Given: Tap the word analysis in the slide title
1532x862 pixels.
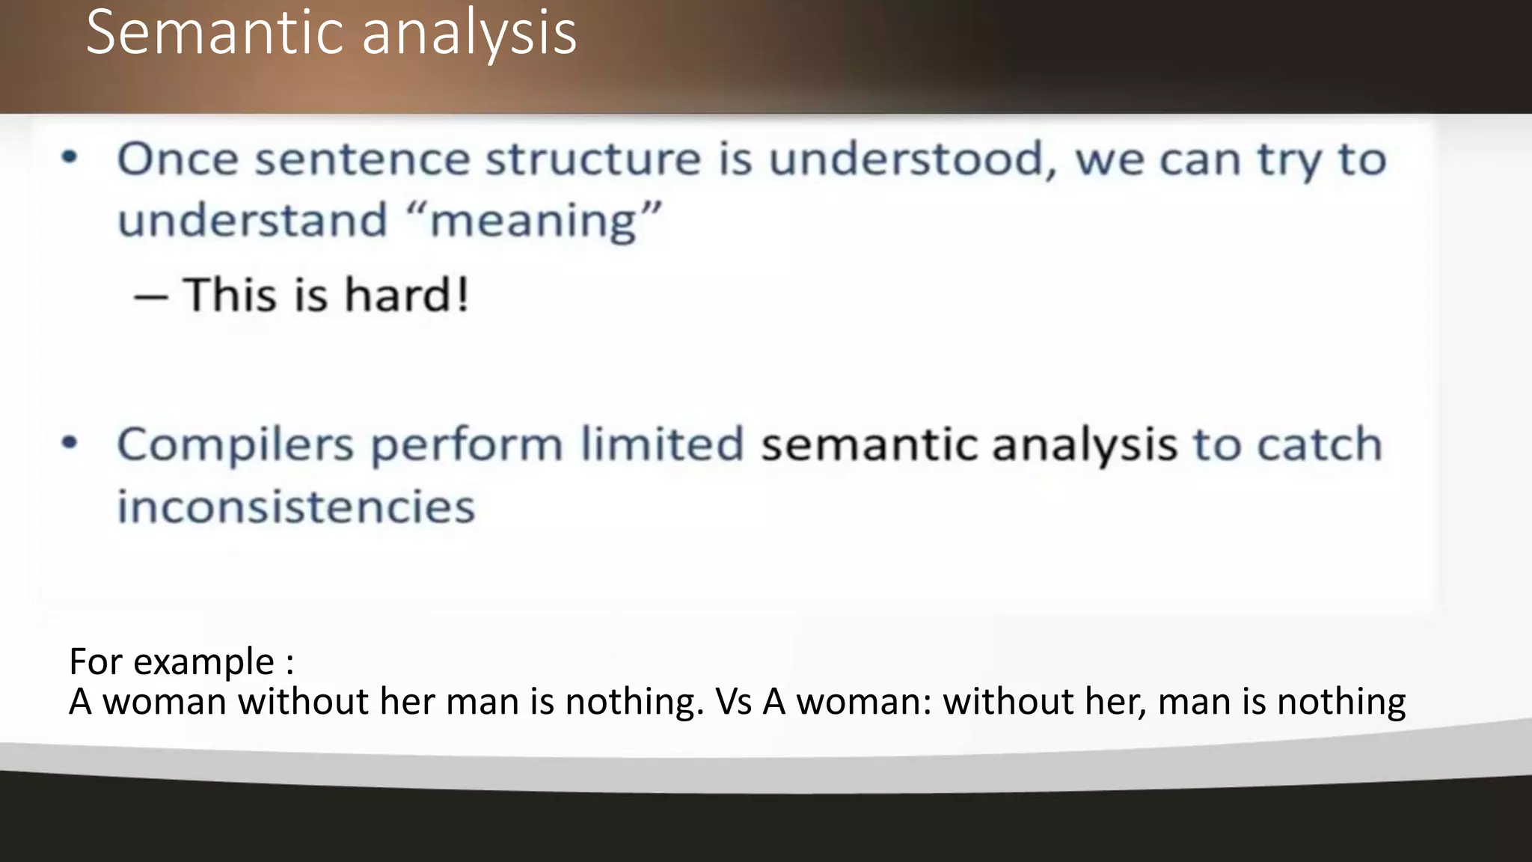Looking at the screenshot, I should click(469, 34).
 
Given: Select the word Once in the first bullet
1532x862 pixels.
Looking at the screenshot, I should click(177, 159).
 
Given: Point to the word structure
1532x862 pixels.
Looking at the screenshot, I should click(593, 159).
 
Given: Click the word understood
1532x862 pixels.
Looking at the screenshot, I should click(907, 159).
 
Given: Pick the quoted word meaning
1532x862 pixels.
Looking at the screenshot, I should click(534, 221).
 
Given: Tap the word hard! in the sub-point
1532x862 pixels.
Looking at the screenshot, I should click(407, 294).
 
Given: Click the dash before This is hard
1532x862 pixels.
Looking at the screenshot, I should click(150, 297).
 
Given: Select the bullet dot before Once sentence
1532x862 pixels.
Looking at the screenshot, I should click(70, 157).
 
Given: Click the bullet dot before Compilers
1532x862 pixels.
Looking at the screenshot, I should click(70, 443).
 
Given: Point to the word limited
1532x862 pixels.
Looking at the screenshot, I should click(662, 444).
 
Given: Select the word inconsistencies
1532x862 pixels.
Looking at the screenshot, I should click(296, 507).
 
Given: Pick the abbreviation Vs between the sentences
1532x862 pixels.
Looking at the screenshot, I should click(733, 702).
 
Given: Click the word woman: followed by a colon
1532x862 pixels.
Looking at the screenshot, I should click(864, 702).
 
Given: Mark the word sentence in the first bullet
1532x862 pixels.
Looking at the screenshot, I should click(363, 159).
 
